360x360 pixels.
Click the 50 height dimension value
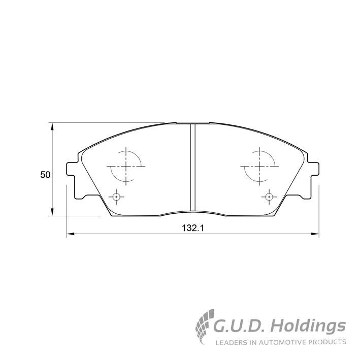[x=45, y=175]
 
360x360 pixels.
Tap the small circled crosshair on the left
[x=116, y=197]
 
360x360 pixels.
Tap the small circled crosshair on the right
[x=269, y=197]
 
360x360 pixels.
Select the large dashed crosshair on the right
[x=259, y=166]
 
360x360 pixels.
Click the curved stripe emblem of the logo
[x=206, y=326]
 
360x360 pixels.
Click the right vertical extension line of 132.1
[x=318, y=211]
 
